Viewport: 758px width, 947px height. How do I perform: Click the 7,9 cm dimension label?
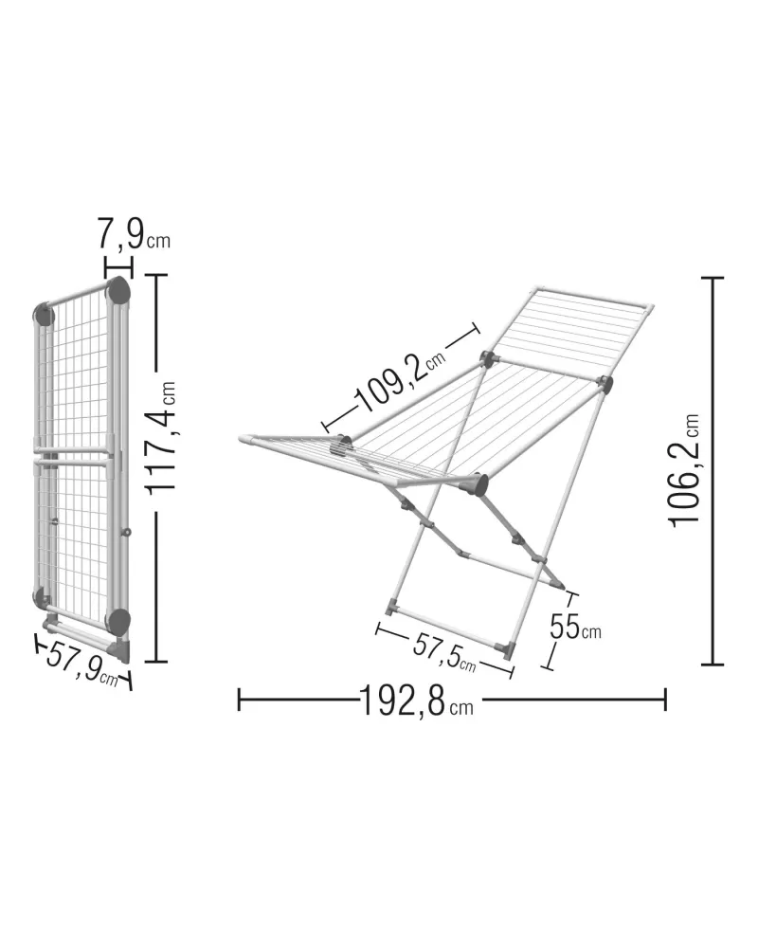pos(134,234)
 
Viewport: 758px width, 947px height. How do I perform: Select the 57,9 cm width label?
pos(82,664)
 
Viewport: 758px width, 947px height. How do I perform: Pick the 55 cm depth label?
pos(575,627)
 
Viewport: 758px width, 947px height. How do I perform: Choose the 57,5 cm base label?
pos(444,653)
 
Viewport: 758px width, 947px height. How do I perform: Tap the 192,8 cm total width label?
pos(417,701)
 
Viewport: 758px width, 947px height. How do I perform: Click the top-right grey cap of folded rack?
pos(118,290)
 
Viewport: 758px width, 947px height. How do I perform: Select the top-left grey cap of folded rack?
pos(44,315)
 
